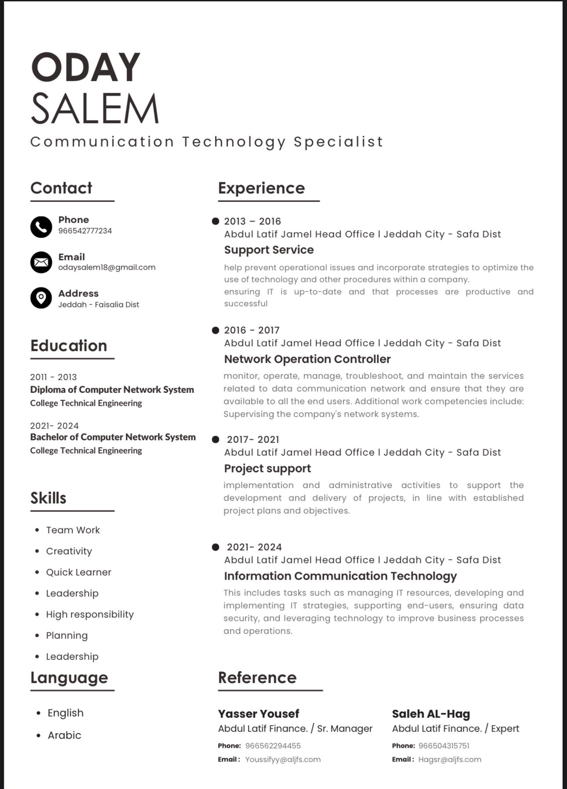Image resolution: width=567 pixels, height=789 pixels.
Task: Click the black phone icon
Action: coord(41,227)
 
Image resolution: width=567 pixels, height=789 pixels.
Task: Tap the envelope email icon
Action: coord(41,263)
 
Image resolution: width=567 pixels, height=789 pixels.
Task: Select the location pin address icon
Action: coord(41,298)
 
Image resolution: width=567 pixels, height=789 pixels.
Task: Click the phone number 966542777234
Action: coord(85,231)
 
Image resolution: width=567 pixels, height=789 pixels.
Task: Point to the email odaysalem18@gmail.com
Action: coord(107,267)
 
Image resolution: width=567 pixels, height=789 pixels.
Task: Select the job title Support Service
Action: coord(269,250)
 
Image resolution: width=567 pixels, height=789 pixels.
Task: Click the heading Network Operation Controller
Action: coord(307,359)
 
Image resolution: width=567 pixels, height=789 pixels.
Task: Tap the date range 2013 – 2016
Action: coord(252,221)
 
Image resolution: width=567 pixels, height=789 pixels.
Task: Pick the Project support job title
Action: coord(267,468)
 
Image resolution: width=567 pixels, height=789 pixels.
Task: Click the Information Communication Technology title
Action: coord(340,576)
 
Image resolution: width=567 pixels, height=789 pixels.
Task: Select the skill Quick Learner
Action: coord(79,572)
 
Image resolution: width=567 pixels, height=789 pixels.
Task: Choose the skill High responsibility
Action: coord(90,614)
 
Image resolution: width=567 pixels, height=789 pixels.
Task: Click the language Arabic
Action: coord(64,735)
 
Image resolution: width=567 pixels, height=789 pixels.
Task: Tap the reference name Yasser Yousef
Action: coord(258,714)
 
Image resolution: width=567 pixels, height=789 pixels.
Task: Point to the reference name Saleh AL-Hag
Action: coord(431,714)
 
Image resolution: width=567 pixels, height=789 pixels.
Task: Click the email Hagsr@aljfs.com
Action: coord(450,760)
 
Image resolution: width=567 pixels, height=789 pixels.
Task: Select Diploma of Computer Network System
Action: coord(112,389)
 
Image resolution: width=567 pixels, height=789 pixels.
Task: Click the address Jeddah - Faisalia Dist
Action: coord(98,305)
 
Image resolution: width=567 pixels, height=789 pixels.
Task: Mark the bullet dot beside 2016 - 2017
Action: coord(215,330)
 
